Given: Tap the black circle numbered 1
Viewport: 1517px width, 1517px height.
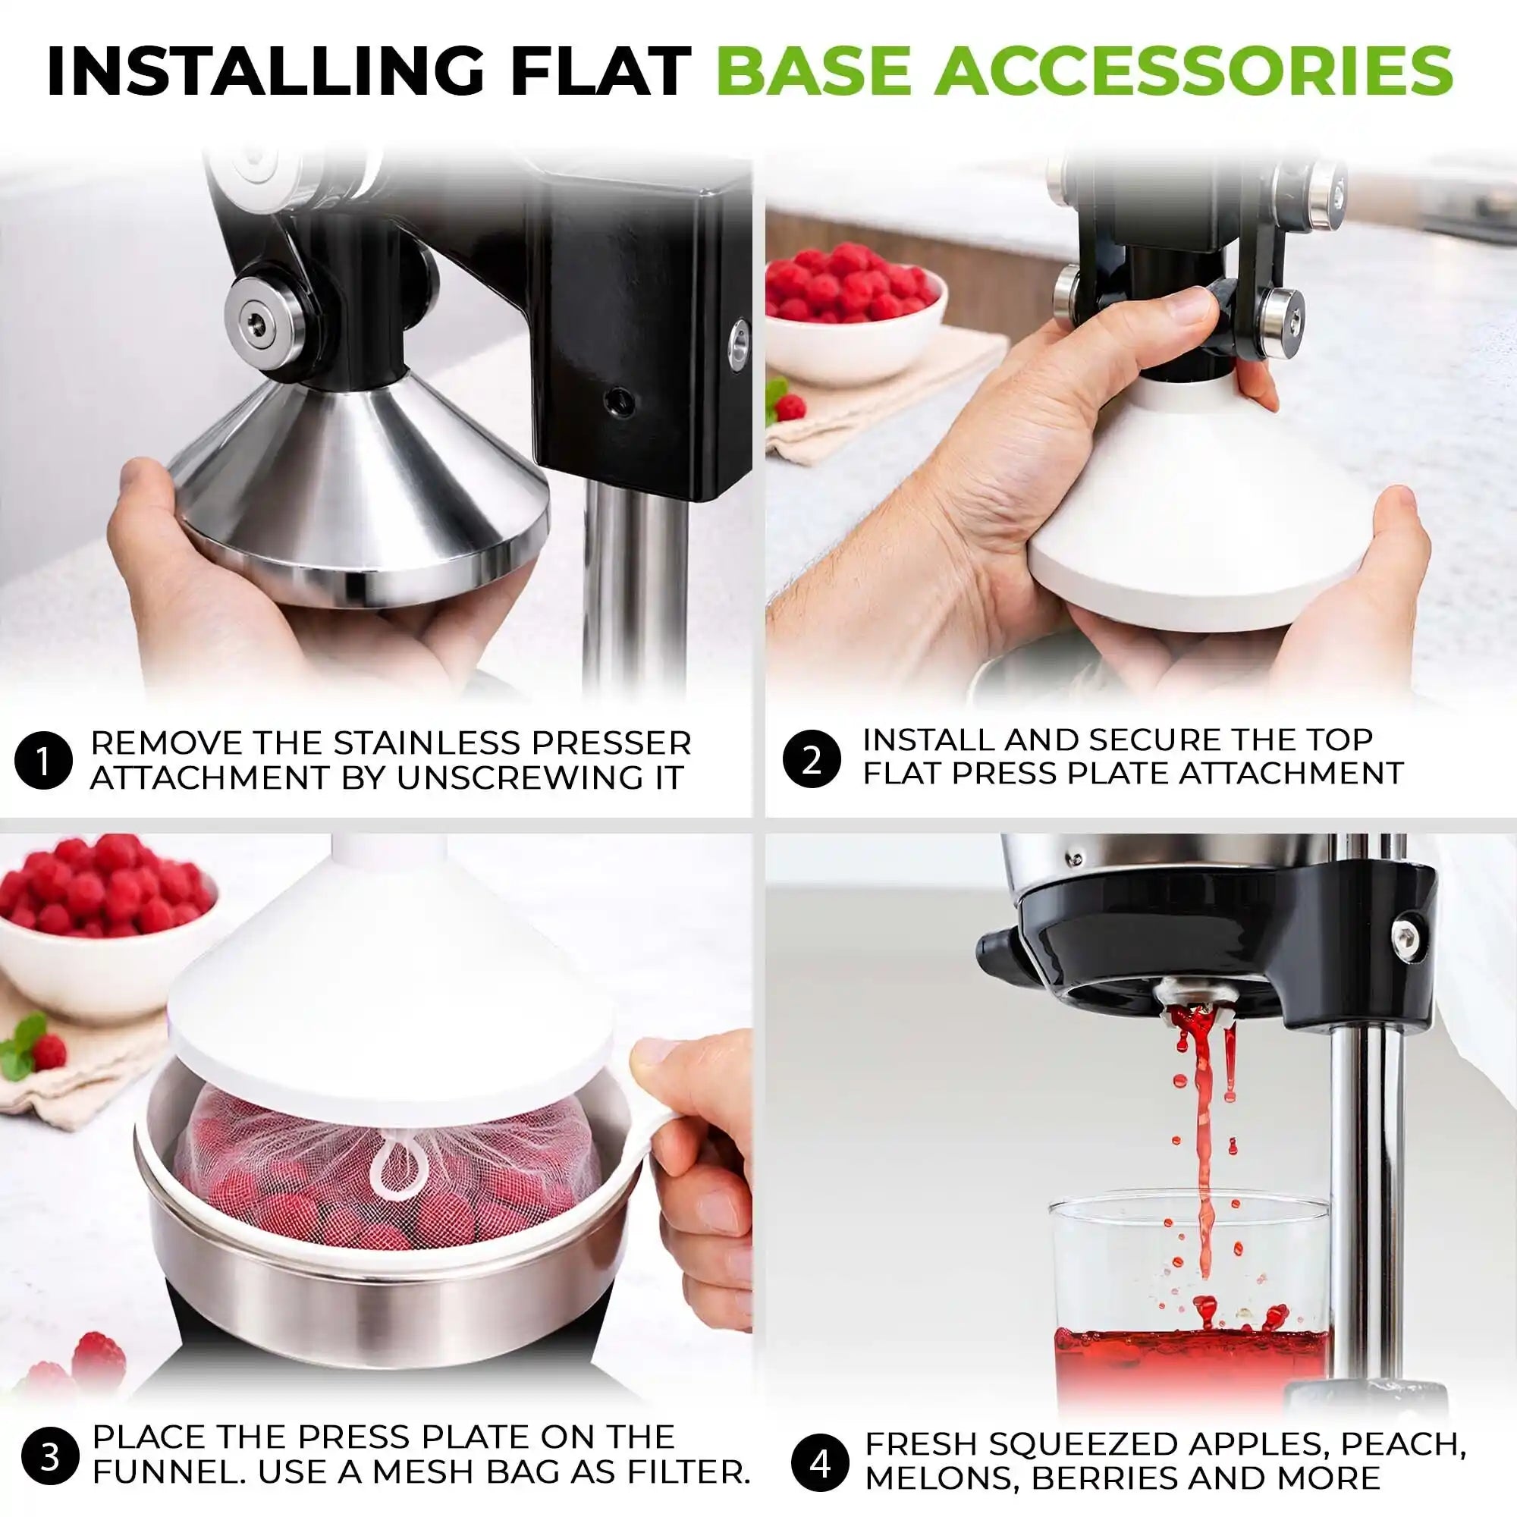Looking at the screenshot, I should (43, 760).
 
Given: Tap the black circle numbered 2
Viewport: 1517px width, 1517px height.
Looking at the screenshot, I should (812, 760).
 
